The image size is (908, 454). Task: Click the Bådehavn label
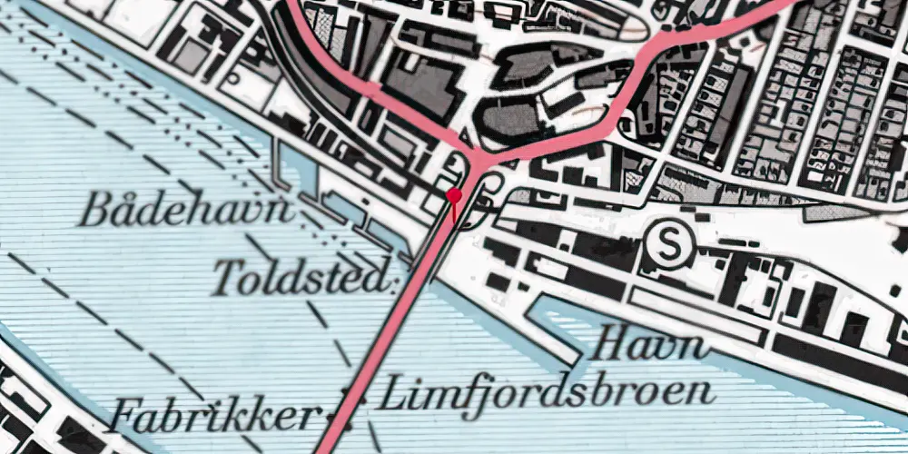[x=186, y=212]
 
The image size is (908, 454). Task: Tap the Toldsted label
[x=303, y=277]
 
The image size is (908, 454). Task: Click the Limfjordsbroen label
[x=545, y=393]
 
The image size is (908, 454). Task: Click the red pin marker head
[x=454, y=194]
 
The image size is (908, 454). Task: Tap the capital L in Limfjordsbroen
[x=390, y=393]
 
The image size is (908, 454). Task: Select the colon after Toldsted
[x=395, y=281]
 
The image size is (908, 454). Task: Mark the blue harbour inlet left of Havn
[x=554, y=327]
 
